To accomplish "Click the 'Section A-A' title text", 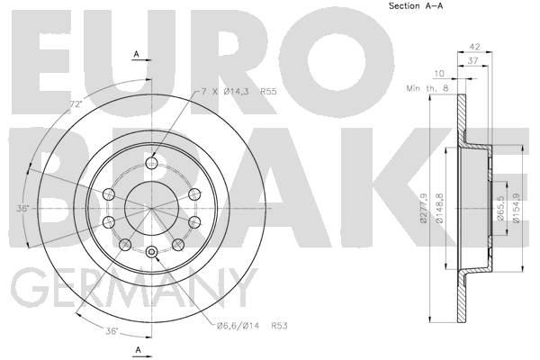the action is (416, 6).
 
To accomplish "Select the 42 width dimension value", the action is (475, 46).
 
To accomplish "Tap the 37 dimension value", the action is (473, 60).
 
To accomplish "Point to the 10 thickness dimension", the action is (439, 74).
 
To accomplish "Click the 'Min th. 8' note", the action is (427, 88).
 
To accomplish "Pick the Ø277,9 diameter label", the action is (424, 208).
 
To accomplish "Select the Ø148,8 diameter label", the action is (440, 208).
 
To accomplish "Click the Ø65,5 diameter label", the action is (500, 208).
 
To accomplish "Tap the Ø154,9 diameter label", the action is (517, 208).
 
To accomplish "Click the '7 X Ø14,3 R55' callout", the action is (239, 92).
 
